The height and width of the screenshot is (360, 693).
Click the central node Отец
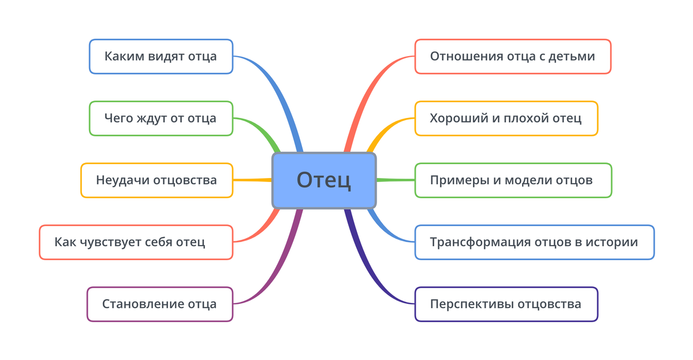[x=324, y=180]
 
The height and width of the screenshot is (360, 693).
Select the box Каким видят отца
[x=161, y=56]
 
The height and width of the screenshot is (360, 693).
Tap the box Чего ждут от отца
[x=161, y=118]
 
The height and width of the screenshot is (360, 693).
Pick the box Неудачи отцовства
[x=157, y=180]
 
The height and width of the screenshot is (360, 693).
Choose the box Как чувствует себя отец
[x=136, y=242]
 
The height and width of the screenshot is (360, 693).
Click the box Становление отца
[x=159, y=304]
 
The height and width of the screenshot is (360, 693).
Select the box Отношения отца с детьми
[x=513, y=56]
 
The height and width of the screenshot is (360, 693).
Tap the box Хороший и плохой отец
[x=506, y=118]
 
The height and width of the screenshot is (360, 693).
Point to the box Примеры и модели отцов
[x=513, y=180]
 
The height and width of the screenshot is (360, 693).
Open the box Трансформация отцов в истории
[x=534, y=242]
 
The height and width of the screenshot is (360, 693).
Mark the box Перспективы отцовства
[x=506, y=304]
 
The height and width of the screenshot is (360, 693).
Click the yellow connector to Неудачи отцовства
[x=252, y=180]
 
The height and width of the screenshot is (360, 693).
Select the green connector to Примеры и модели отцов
[x=396, y=180]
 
